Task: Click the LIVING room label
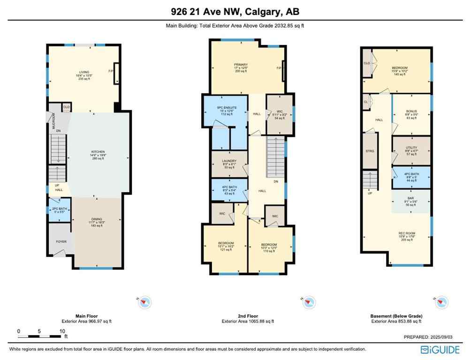(83, 72)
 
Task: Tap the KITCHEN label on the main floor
(98, 151)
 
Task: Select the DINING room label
(97, 218)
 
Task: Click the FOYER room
(61, 241)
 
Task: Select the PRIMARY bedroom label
(241, 65)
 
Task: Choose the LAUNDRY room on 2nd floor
(229, 161)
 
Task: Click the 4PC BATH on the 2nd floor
(229, 188)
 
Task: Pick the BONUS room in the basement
(411, 111)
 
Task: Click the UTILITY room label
(411, 148)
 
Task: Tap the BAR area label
(411, 198)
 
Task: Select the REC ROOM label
(407, 233)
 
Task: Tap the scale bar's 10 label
(62, 331)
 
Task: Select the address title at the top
(235, 11)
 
